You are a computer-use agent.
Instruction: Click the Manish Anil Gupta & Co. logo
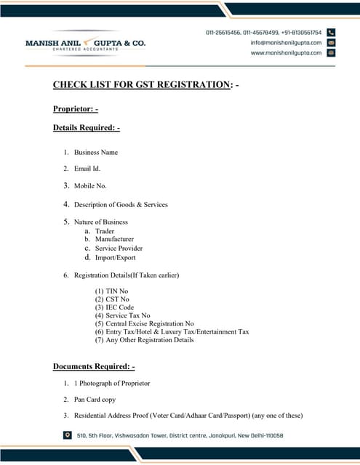point(85,44)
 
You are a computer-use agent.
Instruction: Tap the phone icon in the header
point(331,33)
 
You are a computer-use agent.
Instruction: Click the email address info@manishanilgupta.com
point(286,43)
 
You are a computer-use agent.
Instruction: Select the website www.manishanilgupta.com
point(287,53)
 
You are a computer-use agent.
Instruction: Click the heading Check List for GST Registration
point(141,85)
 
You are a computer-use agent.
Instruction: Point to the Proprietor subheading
point(75,109)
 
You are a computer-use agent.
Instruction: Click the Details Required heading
point(86,128)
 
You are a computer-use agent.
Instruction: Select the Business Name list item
point(95,153)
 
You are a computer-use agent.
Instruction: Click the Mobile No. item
point(90,186)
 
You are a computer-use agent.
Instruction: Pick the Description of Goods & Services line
point(121,205)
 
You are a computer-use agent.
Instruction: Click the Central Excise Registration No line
point(145,323)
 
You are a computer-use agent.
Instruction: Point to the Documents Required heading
point(94,365)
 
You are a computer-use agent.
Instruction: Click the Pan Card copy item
point(95,400)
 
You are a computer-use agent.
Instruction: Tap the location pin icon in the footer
point(68,436)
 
